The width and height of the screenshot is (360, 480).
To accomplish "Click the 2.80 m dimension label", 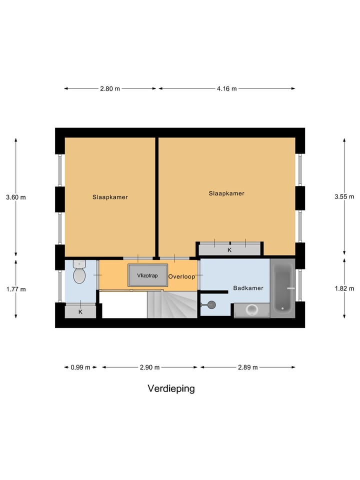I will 110,89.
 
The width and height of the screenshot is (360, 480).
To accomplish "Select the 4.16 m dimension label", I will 226,89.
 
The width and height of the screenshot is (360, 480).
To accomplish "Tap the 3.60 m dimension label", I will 15,197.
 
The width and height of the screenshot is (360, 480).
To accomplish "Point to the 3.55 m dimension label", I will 344,197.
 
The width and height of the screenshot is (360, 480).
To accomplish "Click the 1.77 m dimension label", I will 15,289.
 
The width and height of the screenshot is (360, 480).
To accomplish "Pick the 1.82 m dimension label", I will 344,288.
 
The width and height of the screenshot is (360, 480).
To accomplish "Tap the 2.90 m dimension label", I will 149,367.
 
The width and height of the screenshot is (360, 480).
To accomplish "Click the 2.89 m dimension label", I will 247,367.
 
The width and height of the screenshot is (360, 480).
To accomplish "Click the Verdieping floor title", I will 171,388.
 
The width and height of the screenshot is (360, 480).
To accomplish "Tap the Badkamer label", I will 248,288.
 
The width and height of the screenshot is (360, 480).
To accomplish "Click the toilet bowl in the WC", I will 79,274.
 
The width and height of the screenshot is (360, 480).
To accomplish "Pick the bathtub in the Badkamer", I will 282,287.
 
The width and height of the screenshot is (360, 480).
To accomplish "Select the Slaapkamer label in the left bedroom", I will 110,197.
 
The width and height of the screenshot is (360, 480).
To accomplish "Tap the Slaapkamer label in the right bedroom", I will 226,193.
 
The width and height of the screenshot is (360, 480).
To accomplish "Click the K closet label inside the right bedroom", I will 229,250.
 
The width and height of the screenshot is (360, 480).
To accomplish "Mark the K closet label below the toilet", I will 80,312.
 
